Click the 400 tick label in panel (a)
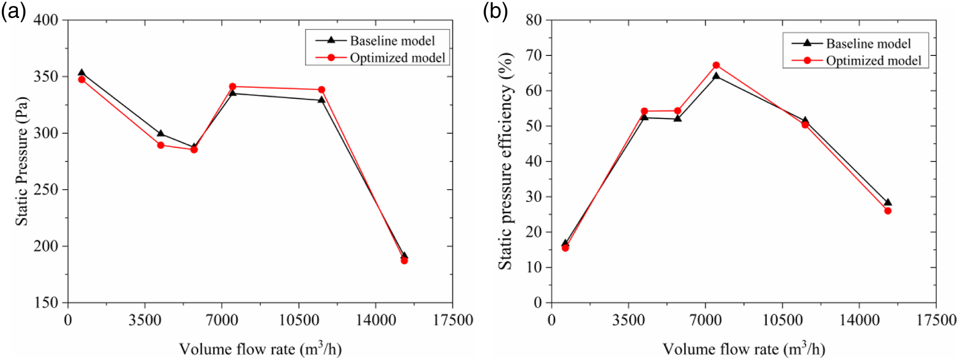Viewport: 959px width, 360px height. [x=46, y=20]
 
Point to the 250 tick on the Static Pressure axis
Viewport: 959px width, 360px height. [x=46, y=189]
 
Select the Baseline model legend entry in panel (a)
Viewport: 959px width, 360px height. [x=375, y=41]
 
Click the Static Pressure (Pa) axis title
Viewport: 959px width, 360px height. [x=22, y=161]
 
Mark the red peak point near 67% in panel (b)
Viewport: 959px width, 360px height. [x=716, y=65]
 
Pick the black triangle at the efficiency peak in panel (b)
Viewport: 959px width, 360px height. [x=716, y=76]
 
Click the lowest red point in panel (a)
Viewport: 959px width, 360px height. [x=404, y=261]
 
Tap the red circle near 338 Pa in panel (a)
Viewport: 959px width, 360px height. [x=321, y=90]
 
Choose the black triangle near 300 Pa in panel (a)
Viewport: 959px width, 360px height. [x=160, y=133]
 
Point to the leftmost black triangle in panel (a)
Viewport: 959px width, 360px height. [x=82, y=72]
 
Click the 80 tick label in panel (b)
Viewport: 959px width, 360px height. [x=534, y=20]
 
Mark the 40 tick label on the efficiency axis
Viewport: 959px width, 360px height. [x=534, y=161]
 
